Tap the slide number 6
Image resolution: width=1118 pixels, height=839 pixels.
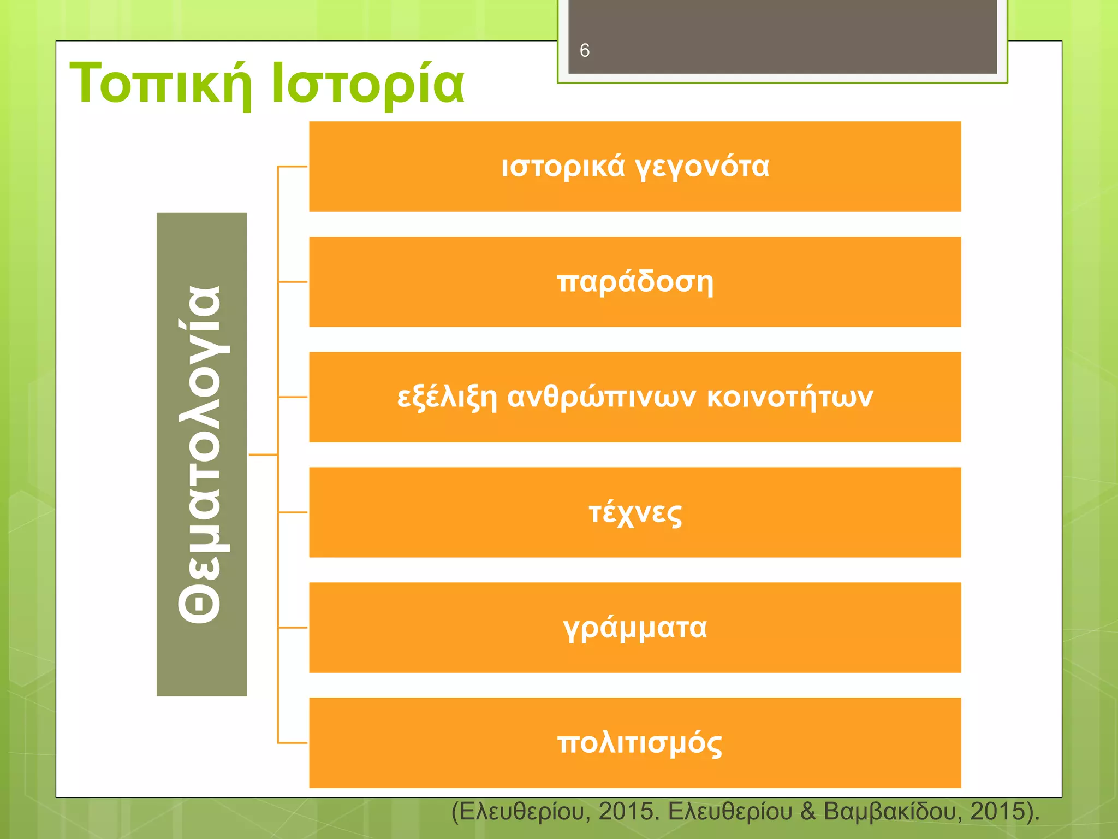(584, 50)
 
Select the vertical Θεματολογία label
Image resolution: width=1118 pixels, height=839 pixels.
(201, 454)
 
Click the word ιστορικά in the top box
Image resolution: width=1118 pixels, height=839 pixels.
(563, 167)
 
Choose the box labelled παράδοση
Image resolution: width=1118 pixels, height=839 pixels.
(634, 282)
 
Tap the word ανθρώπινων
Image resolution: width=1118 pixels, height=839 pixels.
(601, 398)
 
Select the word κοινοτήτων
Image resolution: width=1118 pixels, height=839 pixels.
(789, 397)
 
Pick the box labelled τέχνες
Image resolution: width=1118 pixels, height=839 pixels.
(634, 513)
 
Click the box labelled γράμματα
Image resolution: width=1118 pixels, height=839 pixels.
(634, 628)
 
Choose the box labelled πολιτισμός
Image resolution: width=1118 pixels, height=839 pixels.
(634, 743)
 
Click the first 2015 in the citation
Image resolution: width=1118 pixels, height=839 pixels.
(626, 812)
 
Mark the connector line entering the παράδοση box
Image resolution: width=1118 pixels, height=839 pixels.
(293, 282)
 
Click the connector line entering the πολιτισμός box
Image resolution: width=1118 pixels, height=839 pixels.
(293, 743)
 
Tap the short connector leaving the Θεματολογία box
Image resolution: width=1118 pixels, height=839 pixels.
(263, 454)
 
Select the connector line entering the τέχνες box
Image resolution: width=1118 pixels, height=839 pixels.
(293, 512)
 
